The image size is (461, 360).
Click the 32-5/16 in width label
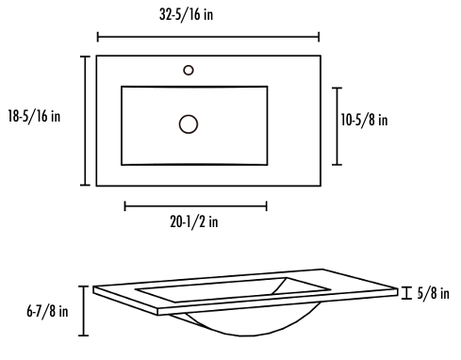tap(186, 14)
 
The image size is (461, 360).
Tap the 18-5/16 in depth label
tap(34, 116)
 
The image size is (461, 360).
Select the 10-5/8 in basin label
tap(364, 120)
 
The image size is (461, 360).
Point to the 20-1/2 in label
tap(194, 221)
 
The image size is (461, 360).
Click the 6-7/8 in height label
tap(47, 311)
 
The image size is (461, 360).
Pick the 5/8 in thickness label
tap(433, 293)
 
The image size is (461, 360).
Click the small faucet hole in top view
tap(189, 70)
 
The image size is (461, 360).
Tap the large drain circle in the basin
tap(189, 124)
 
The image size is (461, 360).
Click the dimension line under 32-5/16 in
tap(208, 37)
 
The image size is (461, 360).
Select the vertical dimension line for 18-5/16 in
tap(85, 121)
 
